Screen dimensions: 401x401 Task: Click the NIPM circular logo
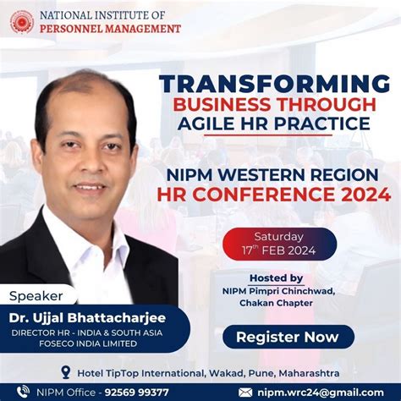coord(22,22)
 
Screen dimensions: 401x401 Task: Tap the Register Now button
coord(288,337)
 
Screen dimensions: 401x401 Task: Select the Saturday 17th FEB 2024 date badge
coord(279,244)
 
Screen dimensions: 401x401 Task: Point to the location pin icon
coord(67,372)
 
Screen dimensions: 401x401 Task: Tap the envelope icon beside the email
coord(246,392)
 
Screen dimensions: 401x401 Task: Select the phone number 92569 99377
coord(136,392)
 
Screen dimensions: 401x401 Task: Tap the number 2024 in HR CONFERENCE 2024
coord(359,195)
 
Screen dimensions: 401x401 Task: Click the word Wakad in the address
coord(202,372)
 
